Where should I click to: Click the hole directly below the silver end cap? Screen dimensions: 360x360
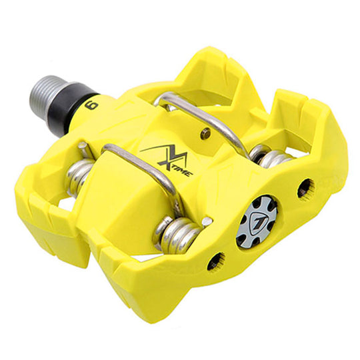[216, 262]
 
